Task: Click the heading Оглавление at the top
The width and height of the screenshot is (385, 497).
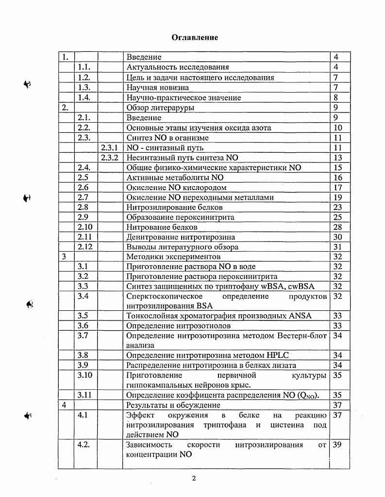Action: pyautogui.click(x=194, y=38)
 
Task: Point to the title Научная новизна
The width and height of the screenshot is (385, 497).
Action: pyautogui.click(x=158, y=88)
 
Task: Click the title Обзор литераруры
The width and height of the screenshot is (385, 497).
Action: pyautogui.click(x=160, y=108)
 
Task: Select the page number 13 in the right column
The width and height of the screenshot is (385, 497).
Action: pyautogui.click(x=338, y=158)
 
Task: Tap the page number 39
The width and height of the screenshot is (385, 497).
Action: pyautogui.click(x=338, y=445)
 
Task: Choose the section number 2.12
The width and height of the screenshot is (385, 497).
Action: pyautogui.click(x=85, y=247)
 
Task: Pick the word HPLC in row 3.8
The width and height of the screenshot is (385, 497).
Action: pyautogui.click(x=276, y=355)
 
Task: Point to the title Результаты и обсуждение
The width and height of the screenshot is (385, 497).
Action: pyautogui.click(x=173, y=405)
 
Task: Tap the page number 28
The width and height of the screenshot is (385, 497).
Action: pyautogui.click(x=338, y=227)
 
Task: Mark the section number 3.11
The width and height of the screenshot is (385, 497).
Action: pyautogui.click(x=85, y=395)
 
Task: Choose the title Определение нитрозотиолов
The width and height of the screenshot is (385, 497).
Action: pyautogui.click(x=174, y=326)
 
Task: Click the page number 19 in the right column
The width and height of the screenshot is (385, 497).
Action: pyautogui.click(x=338, y=197)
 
